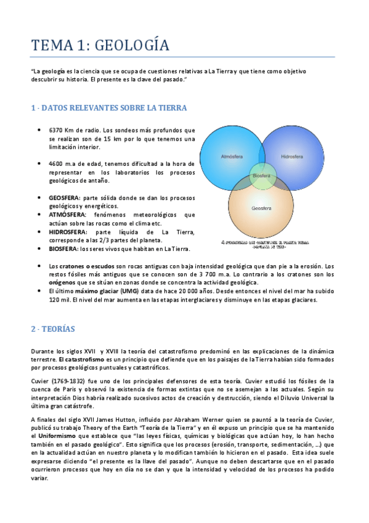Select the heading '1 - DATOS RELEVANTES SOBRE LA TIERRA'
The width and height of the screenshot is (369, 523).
[x=109, y=108]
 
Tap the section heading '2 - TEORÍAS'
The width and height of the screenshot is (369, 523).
[x=52, y=329]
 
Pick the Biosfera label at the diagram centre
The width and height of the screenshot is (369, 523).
[x=262, y=176]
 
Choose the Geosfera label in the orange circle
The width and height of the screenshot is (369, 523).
[x=262, y=208]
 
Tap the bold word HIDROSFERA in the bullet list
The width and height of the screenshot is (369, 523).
[x=67, y=232]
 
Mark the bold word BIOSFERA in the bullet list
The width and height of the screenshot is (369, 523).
[x=63, y=249]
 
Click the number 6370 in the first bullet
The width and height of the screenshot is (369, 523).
[x=57, y=130]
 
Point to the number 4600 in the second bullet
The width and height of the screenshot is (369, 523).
[x=57, y=164]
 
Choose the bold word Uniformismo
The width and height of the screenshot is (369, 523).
[x=51, y=435]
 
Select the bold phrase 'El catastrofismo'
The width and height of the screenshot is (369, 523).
[x=81, y=358]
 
